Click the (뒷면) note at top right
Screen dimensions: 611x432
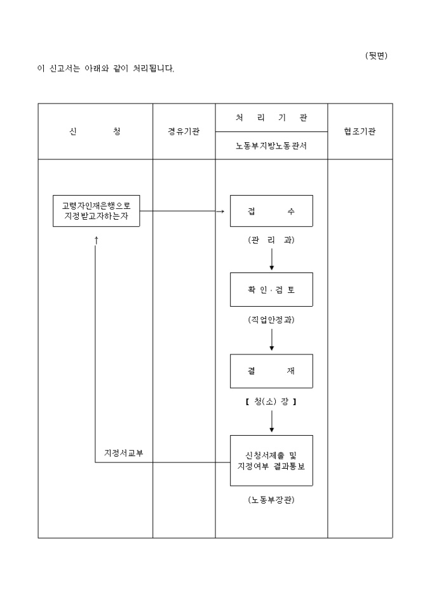tap(376, 55)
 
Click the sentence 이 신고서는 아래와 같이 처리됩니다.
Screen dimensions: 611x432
tap(105, 68)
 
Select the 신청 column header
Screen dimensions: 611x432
tap(95, 131)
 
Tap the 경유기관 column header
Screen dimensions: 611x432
tap(184, 131)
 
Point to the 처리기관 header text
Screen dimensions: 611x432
tap(271, 117)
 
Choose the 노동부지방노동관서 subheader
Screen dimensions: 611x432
tap(271, 145)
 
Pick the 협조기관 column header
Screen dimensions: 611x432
tap(360, 131)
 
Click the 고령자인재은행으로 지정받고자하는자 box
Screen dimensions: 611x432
tap(96, 211)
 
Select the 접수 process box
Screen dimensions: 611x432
tap(271, 211)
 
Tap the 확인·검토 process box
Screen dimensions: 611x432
tap(271, 289)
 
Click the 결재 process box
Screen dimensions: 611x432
tap(271, 371)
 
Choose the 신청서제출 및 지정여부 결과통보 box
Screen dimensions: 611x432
tap(271, 460)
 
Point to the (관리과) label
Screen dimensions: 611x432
tap(271, 240)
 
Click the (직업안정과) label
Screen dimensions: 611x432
tap(271, 320)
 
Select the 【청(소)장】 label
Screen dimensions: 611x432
tap(271, 401)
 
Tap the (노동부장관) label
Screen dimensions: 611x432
tap(271, 500)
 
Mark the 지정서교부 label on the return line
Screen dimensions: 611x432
tap(124, 452)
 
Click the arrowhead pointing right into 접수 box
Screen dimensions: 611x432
tap(222, 211)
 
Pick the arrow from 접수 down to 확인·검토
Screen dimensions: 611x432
tap(272, 259)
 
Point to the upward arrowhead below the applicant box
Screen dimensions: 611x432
tap(96, 240)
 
